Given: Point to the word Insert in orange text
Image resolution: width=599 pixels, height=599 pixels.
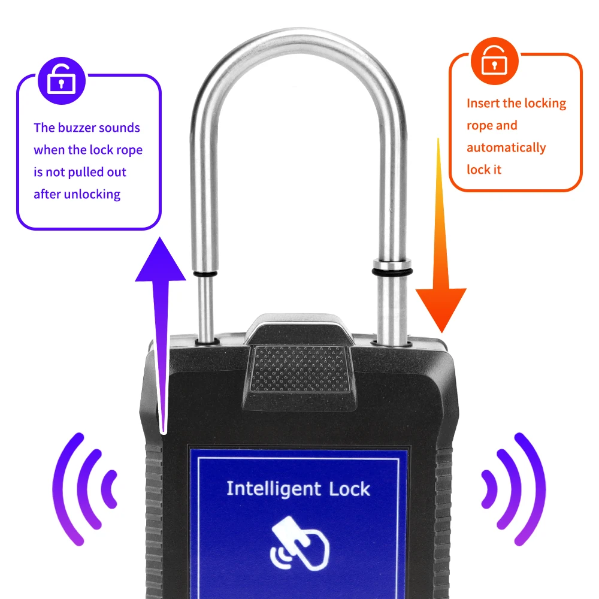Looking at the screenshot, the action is (483, 103).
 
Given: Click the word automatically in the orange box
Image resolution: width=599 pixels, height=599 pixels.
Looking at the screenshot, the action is (506, 147).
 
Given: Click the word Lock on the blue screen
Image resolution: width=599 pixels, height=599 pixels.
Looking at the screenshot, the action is (350, 489).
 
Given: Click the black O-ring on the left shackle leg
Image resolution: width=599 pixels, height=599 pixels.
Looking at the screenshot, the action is (205, 275).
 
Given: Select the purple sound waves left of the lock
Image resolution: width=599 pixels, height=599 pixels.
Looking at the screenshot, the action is (84, 488).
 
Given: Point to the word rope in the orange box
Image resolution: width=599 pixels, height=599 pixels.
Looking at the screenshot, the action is (479, 125).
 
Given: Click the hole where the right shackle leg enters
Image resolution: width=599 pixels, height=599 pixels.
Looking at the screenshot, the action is (392, 343).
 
